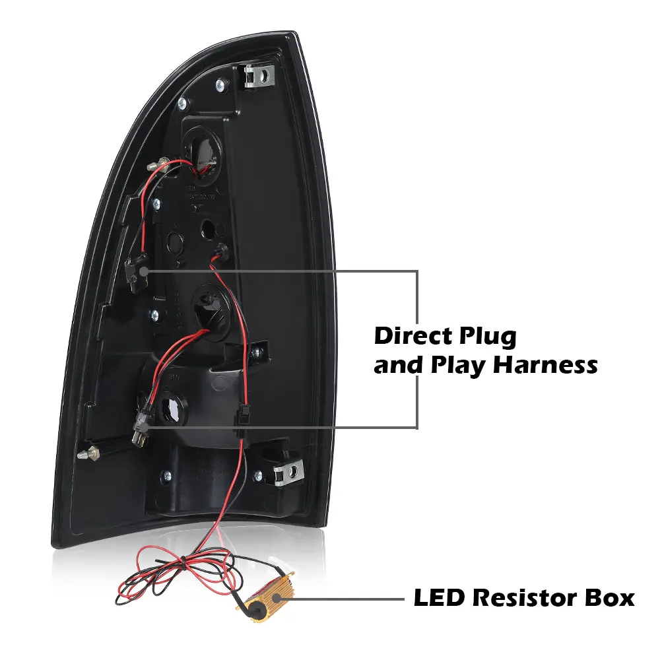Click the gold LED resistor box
265,595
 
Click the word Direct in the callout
412,337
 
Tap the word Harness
546,364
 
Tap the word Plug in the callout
488,337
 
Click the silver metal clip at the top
259,75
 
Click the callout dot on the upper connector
143,271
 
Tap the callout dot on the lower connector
143,428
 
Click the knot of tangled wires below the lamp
183,562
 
